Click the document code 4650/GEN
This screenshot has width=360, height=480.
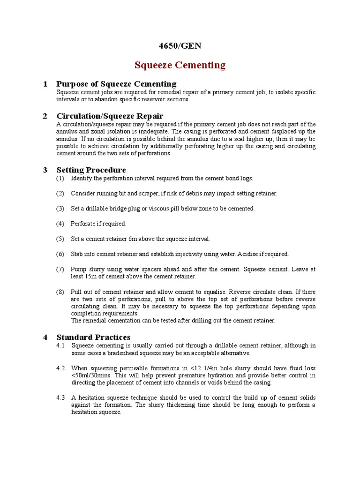(x=180, y=45)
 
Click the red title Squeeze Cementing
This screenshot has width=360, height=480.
(x=180, y=65)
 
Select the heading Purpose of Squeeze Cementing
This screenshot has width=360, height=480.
(x=116, y=84)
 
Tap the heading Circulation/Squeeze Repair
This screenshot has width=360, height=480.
(x=110, y=116)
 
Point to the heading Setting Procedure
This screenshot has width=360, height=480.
(x=91, y=170)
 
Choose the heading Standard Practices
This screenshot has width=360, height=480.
(x=93, y=337)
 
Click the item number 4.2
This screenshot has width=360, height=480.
(x=60, y=368)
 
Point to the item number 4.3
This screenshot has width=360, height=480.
(x=60, y=397)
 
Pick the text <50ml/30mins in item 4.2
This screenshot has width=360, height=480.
(x=91, y=375)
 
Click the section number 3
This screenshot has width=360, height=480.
(x=45, y=170)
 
